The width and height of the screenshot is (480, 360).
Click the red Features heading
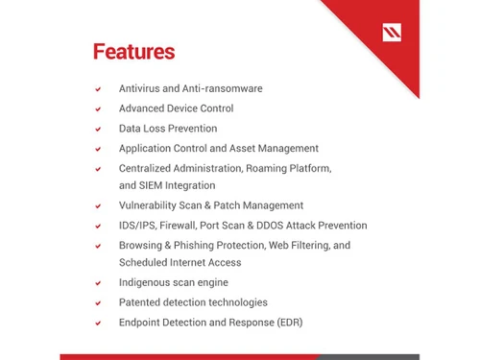(x=133, y=51)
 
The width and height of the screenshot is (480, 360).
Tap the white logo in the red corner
(x=392, y=33)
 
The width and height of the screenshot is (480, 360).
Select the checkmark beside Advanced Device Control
(x=98, y=109)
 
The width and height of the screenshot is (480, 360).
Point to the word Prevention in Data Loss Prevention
(x=192, y=129)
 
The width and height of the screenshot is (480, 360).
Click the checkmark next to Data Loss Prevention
(x=98, y=130)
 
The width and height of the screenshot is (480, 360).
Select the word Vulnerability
(x=151, y=205)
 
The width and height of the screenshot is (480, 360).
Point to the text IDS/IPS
(x=138, y=226)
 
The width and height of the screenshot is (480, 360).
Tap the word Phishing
(x=197, y=246)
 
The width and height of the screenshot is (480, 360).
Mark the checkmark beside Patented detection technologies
(x=98, y=303)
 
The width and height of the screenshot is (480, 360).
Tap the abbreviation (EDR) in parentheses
(x=286, y=323)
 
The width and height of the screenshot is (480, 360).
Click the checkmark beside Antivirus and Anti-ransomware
(x=98, y=89)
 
